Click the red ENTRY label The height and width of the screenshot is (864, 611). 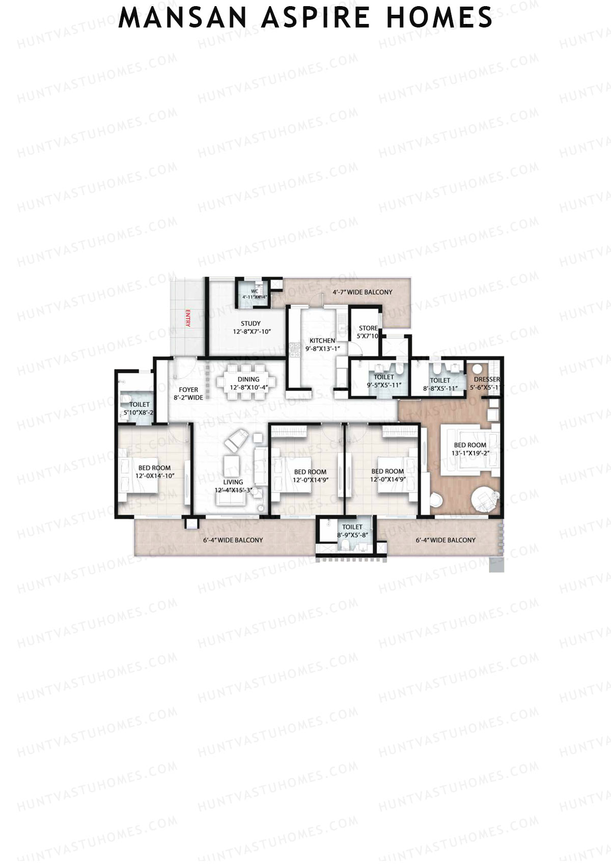(187, 318)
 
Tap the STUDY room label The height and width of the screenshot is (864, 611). (251, 323)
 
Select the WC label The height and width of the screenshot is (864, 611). (254, 291)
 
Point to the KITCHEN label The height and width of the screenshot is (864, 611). (322, 341)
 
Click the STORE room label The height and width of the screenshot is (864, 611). (368, 328)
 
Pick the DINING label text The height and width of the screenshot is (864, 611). (248, 379)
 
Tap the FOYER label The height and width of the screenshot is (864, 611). (188, 390)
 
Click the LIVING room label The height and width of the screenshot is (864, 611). (233, 482)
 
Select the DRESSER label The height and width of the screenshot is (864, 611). (487, 379)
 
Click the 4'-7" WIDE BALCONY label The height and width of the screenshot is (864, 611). (363, 292)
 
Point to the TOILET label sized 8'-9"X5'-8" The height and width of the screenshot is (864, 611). (352, 527)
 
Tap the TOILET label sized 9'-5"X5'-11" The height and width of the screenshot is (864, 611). (384, 377)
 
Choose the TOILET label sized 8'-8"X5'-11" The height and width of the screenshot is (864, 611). (440, 380)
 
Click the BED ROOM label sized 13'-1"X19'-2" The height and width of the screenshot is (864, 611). (470, 445)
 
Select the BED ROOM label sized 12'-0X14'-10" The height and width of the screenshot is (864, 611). (155, 468)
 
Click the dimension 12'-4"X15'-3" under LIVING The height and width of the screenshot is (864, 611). (233, 490)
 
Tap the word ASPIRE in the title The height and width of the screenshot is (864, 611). (316, 18)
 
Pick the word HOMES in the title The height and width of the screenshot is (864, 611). (439, 18)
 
